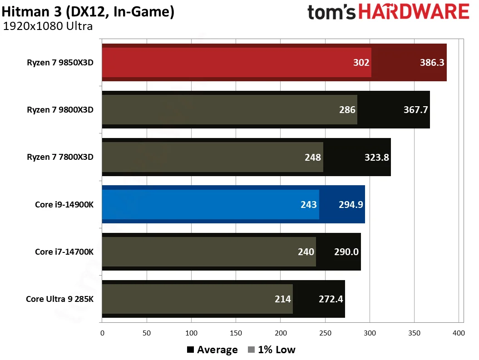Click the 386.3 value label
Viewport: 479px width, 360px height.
pos(432,63)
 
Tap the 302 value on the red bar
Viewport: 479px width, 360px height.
pos(361,63)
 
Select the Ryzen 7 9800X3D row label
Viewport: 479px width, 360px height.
pos(60,110)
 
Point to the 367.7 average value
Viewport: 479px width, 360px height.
pos(415,110)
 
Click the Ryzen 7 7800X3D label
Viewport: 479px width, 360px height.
pos(60,157)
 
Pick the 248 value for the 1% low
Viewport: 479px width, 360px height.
pos(313,158)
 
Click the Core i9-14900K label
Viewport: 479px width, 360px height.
pos(64,204)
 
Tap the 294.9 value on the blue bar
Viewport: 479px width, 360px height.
pos(351,205)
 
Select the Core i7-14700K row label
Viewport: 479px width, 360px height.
pos(64,252)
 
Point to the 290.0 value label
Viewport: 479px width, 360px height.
pos(346,252)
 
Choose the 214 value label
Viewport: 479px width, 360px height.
pos(283,299)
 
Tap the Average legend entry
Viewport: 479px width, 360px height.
pos(212,350)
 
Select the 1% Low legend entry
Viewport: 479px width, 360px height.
pos(272,350)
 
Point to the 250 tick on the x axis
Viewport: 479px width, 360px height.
pos(325,333)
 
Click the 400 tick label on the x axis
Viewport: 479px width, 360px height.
pos(459,333)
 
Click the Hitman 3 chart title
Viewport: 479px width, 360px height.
pos(88,12)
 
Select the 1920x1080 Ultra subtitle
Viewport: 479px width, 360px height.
pos(48,26)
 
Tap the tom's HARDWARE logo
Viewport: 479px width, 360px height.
pos(388,12)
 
